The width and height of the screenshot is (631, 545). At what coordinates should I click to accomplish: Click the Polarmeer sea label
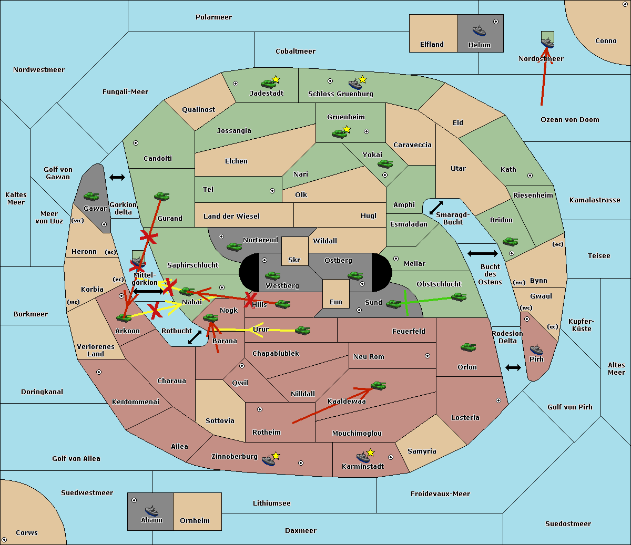tap(213, 17)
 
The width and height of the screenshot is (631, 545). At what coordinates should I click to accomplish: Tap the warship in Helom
tap(479, 30)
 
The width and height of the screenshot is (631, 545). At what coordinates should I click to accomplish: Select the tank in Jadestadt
tap(269, 84)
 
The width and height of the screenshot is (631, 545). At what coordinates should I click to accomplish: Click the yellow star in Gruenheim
tap(347, 129)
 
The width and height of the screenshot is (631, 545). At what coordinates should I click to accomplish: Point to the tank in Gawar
tap(91, 196)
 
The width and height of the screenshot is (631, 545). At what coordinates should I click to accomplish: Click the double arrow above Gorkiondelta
tap(117, 177)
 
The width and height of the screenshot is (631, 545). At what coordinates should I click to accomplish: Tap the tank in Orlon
tap(469, 347)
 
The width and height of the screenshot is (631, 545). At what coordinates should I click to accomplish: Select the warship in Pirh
tap(536, 349)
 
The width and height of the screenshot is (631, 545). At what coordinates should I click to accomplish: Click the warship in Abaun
tap(152, 510)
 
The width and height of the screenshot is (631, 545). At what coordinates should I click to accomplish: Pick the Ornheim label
tap(195, 520)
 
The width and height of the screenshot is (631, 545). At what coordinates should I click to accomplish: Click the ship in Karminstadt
tap(363, 457)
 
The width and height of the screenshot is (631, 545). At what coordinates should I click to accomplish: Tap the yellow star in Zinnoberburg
tap(276, 456)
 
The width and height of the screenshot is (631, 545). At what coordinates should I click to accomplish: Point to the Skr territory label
tap(294, 260)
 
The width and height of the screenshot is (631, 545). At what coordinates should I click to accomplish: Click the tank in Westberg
tap(272, 275)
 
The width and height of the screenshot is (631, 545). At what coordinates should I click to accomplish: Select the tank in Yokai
tap(385, 164)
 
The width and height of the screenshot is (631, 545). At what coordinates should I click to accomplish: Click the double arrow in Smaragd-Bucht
tap(436, 208)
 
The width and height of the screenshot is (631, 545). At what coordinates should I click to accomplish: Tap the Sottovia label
tap(220, 420)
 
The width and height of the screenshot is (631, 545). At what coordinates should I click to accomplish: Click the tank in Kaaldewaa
tap(379, 386)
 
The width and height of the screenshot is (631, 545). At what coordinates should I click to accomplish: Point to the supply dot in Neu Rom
tap(428, 356)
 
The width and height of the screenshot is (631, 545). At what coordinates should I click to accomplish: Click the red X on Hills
tap(250, 299)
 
